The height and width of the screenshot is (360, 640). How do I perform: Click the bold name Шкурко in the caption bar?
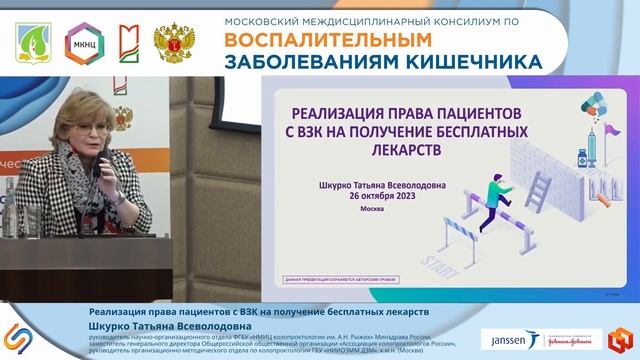point(113,325)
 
